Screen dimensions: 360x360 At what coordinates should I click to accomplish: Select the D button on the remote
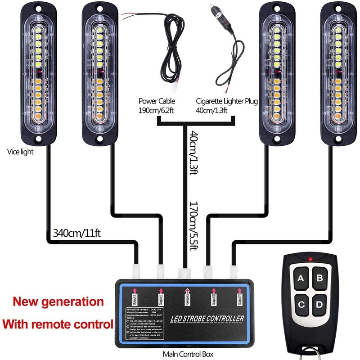tap(319, 305)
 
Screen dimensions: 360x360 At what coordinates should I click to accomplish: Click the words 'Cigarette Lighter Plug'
tap(227, 102)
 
